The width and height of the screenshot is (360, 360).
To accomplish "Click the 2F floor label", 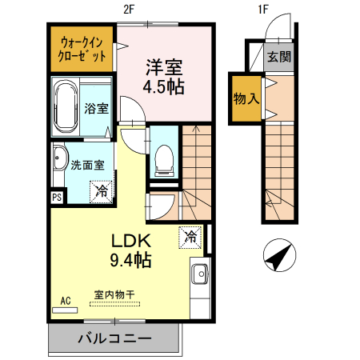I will click(x=128, y=9).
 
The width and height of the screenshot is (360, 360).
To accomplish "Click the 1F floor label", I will click(x=262, y=9).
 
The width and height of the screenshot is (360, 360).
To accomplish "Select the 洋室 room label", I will click(x=163, y=66).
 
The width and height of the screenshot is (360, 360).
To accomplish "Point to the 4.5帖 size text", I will click(x=163, y=85).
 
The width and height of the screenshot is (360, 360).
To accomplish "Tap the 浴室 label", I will click(x=96, y=108).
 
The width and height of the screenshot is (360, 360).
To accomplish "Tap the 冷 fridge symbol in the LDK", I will click(x=190, y=236).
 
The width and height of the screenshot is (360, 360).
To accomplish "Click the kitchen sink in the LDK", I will click(x=198, y=276).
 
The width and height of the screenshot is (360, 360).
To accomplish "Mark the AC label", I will click(x=66, y=301).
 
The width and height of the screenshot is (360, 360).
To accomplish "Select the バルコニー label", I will click(x=114, y=338).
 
